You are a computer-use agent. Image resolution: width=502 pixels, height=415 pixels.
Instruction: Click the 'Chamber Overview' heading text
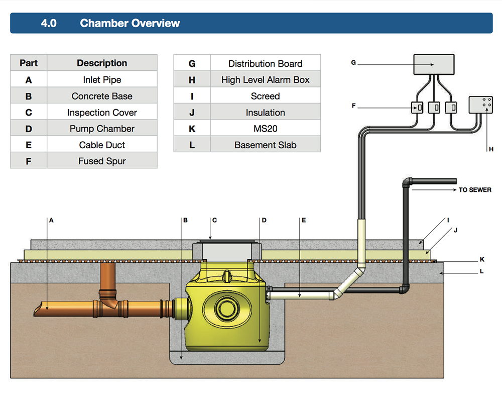coord(130,23)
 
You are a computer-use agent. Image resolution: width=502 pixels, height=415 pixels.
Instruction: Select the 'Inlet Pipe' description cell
coord(102,80)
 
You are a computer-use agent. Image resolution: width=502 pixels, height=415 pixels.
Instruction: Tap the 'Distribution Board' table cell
coord(265,64)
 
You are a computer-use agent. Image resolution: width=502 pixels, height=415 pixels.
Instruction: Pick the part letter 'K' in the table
coord(192,129)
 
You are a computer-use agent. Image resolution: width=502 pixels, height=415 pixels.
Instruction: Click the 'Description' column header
coord(102,63)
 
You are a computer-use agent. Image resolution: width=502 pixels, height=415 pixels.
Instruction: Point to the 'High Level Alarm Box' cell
coord(265,80)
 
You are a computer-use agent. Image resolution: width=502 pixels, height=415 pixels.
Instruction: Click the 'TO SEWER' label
coord(475,190)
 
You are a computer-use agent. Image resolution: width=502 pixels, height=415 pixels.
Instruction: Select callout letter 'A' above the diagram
coord(51,220)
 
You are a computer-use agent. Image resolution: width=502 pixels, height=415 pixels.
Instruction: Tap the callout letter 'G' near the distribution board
coord(353,63)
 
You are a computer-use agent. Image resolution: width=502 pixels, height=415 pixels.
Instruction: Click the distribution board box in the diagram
coord(433,64)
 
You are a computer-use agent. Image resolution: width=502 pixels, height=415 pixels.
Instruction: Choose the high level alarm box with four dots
coord(481,106)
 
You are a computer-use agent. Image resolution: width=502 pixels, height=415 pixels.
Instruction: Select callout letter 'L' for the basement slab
coord(481,271)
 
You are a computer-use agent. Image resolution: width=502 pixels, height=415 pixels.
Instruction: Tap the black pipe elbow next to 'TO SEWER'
coord(407,181)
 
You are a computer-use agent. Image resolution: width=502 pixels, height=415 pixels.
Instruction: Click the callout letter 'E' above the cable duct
coord(304,220)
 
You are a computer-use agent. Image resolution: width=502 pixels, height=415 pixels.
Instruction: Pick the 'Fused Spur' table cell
coord(102,161)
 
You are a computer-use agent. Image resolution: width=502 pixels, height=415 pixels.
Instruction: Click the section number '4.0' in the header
coord(49,23)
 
